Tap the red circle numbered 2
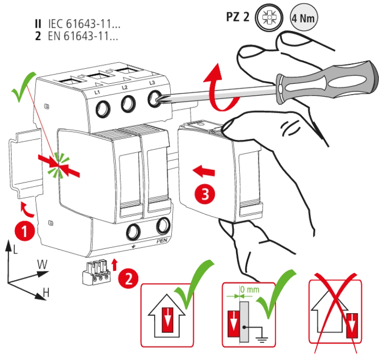point(128,278)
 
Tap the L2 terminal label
point(124,88)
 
